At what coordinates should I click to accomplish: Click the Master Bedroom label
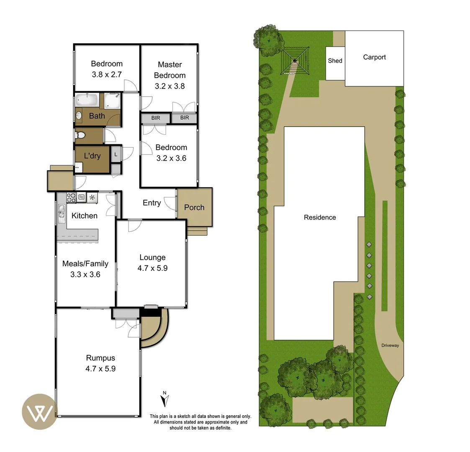(x=170, y=70)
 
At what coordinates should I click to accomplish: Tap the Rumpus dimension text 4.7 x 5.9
(x=100, y=369)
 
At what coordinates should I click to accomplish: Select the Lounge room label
(x=152, y=257)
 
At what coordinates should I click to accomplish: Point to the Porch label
(x=194, y=208)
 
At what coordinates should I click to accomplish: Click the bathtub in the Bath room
(x=87, y=100)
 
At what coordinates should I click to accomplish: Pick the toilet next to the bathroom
(x=80, y=135)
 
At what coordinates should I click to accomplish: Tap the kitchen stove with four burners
(x=71, y=197)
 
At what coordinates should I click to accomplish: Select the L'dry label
(x=92, y=156)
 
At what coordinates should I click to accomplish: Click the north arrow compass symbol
(x=165, y=399)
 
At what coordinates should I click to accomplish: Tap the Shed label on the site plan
(x=335, y=61)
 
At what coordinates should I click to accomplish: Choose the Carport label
(x=374, y=57)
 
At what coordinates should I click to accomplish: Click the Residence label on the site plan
(x=320, y=217)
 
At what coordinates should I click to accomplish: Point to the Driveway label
(x=390, y=345)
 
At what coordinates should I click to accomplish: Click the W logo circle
(x=40, y=411)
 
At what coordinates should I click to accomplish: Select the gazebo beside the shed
(x=295, y=61)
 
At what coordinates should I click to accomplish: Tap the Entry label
(x=152, y=203)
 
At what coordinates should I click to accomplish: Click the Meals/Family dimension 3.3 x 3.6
(x=85, y=275)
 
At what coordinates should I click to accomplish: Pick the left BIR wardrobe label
(x=155, y=118)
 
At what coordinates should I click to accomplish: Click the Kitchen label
(x=85, y=216)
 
